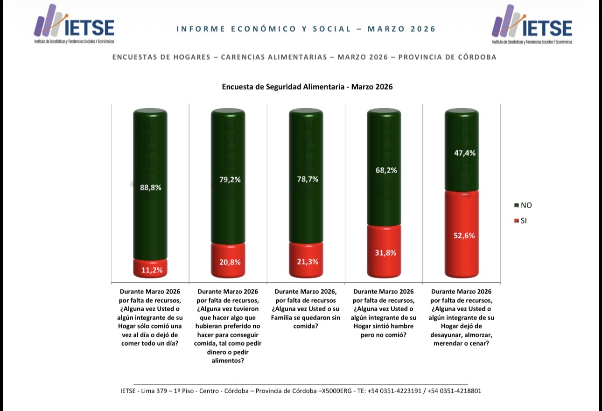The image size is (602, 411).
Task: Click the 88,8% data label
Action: coord(150,188)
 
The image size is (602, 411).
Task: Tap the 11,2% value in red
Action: coord(150,269)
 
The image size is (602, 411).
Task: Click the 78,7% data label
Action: coord(306,179)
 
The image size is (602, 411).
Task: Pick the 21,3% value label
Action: coord(306,262)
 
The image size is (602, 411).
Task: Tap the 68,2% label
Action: coord(384,170)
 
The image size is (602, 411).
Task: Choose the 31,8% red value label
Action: coord(384,253)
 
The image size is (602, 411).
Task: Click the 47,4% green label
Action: coord(462,153)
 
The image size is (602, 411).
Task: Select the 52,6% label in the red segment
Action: coord(462,236)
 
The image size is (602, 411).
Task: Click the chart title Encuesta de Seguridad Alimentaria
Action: coord(307,87)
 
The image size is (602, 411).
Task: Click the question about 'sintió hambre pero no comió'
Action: coord(384,313)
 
